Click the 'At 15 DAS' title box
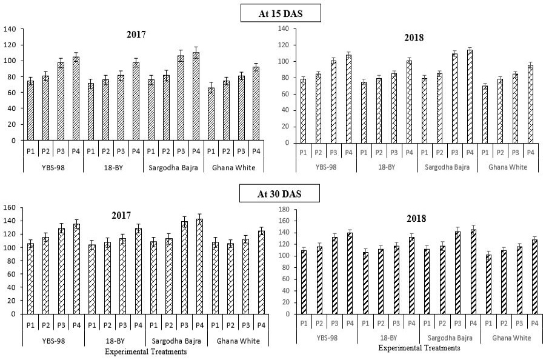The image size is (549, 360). point(281,13)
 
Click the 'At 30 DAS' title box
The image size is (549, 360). point(279,193)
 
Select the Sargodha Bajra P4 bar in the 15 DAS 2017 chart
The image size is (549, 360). point(196,96)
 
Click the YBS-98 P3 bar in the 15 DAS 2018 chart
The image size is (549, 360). point(333,102)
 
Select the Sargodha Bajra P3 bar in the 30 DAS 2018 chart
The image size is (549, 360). point(457,273)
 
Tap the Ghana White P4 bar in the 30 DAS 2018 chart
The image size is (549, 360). point(534,276)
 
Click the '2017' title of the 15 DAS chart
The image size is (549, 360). point(136,35)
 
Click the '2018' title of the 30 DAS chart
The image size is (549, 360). point(416,219)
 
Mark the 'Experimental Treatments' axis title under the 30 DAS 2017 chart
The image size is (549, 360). point(145,352)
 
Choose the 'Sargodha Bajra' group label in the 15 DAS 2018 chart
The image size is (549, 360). point(447,167)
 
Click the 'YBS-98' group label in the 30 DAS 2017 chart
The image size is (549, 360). point(53,341)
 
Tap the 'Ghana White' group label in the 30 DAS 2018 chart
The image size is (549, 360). point(511,338)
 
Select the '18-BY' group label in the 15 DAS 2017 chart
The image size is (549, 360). point(113,168)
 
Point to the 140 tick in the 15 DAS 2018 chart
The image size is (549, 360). point(283,28)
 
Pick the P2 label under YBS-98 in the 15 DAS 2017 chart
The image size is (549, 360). point(45,152)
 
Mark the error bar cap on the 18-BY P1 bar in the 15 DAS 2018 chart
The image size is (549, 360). point(364,79)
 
